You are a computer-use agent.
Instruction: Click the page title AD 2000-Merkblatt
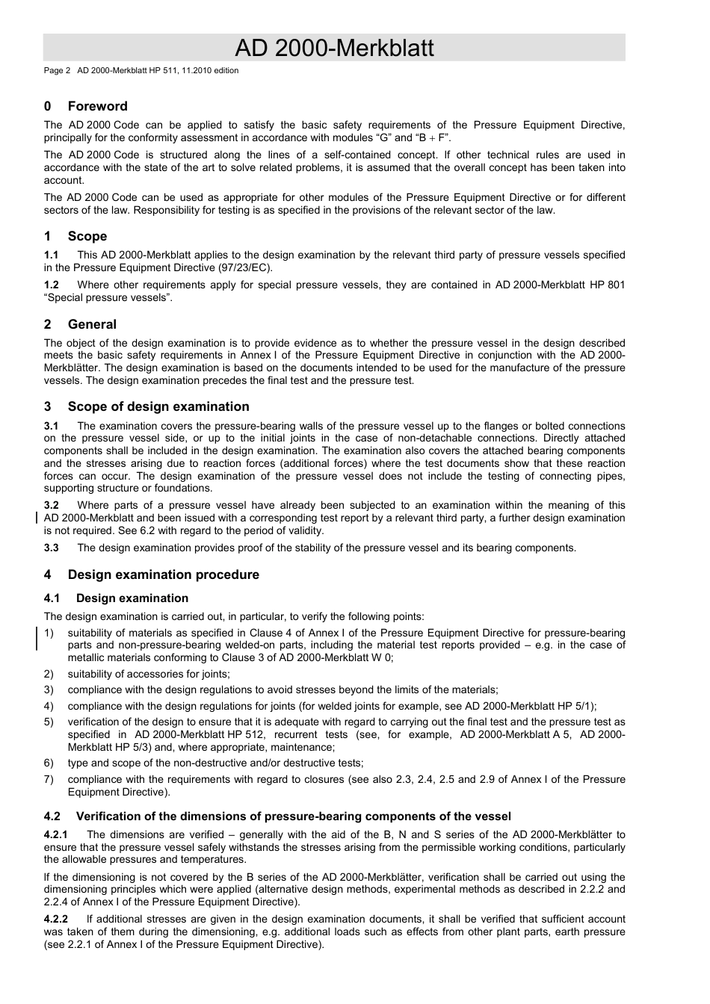[334, 49]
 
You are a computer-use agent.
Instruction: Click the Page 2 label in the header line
[57, 71]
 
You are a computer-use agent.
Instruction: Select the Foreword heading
[97, 106]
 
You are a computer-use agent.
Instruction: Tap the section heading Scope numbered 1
[87, 236]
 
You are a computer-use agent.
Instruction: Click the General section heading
[92, 324]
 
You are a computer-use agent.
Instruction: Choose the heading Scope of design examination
[158, 406]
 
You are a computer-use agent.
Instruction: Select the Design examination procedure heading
[163, 574]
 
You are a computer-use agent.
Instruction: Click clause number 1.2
[52, 285]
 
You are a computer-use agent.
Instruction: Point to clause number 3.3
[52, 548]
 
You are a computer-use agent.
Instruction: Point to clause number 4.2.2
[56, 919]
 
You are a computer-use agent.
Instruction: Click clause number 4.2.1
[56, 834]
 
